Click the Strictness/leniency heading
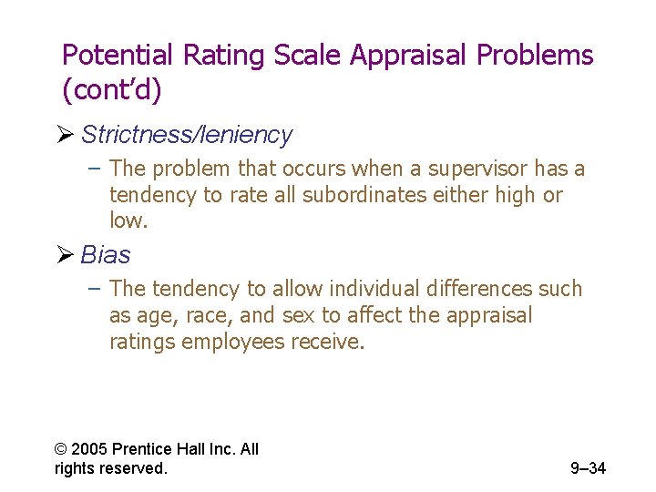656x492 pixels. (187, 135)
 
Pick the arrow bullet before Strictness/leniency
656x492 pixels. (68, 135)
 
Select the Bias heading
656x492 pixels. (106, 254)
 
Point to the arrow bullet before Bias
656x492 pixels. (68, 254)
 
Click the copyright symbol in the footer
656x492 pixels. (61, 449)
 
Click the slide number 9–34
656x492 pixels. (588, 469)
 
